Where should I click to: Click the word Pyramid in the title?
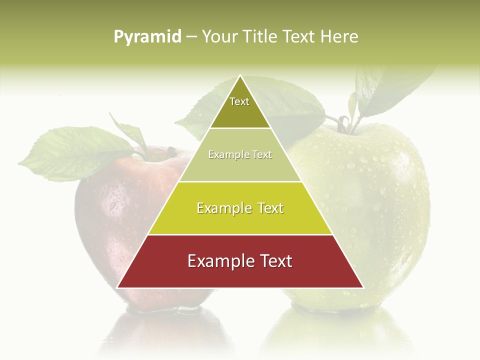[147, 37]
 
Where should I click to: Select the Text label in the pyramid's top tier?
[239, 102]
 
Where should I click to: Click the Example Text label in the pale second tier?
[240, 155]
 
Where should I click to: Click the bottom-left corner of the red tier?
[117, 287]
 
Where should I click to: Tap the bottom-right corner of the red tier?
[363, 287]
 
